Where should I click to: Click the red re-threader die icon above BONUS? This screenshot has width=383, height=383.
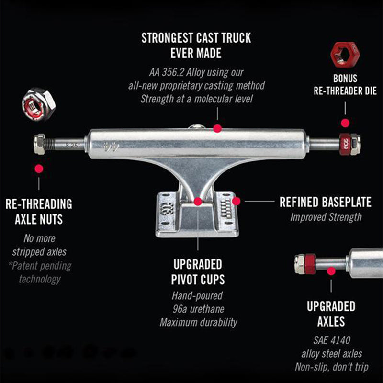(x=345, y=55)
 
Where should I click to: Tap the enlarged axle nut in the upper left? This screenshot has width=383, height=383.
(x=39, y=104)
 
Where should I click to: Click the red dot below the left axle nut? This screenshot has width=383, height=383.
(x=39, y=169)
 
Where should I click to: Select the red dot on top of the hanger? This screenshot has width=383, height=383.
(x=217, y=128)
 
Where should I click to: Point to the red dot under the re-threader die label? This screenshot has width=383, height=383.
(x=345, y=123)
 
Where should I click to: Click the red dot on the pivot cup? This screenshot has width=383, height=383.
(x=198, y=202)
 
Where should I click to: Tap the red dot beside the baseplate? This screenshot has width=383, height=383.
(x=236, y=201)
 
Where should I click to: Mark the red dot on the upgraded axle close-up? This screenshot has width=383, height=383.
(x=331, y=271)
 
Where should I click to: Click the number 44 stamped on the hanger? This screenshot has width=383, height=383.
(x=111, y=146)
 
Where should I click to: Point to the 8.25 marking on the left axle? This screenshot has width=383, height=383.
(x=72, y=146)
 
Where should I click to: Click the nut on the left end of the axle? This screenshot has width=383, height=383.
(x=40, y=144)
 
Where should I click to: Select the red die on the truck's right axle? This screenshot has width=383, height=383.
(x=345, y=144)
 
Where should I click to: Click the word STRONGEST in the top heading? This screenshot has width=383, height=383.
(x=167, y=38)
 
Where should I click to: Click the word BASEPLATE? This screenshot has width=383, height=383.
(x=346, y=202)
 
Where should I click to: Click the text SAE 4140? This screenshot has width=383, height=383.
(x=332, y=340)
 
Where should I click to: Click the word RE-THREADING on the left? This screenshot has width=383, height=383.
(x=39, y=204)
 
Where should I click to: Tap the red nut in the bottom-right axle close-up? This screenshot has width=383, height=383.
(x=310, y=264)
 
